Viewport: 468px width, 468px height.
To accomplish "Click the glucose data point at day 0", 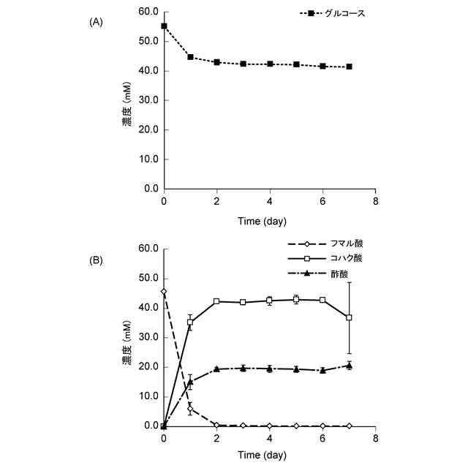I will (164, 26).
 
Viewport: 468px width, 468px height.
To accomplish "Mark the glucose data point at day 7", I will (350, 67).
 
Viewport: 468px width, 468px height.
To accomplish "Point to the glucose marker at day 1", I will (190, 57).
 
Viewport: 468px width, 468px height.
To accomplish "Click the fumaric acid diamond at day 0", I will (164, 291).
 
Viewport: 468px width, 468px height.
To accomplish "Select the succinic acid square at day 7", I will (350, 317).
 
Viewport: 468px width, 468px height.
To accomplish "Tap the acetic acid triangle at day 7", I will (350, 365).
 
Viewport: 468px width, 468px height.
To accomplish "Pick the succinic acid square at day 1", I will (190, 322).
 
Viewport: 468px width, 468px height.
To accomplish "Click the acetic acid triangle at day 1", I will (190, 381).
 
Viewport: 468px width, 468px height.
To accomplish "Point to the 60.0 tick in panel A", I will (148, 12).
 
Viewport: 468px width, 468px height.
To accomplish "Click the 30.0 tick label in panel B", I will (148, 337).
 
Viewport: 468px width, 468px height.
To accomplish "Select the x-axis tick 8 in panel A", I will (376, 201).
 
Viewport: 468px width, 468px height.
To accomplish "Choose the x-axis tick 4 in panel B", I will (270, 438).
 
